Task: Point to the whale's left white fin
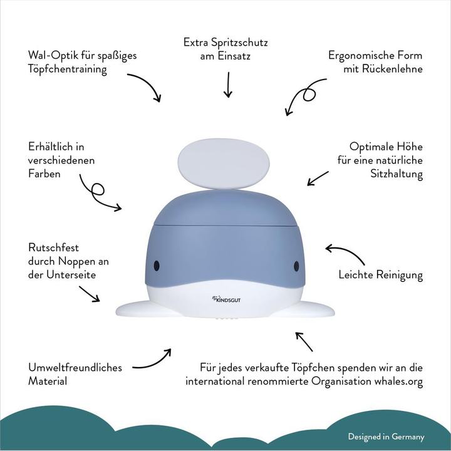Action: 141,308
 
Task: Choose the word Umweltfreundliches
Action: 75,368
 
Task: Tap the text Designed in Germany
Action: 386,437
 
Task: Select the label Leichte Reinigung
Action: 380,274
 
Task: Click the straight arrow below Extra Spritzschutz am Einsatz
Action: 227,85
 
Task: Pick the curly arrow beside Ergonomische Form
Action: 304,96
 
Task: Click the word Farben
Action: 44,174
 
